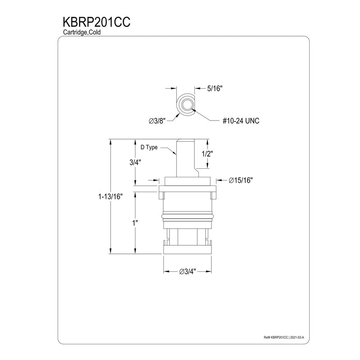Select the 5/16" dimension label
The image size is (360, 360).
[x=215, y=89]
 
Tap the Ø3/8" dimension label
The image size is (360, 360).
[x=157, y=121]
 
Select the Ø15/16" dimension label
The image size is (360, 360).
[x=240, y=180]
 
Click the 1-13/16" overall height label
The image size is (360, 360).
[x=109, y=197]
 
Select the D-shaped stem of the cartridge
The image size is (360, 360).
[x=184, y=155]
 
